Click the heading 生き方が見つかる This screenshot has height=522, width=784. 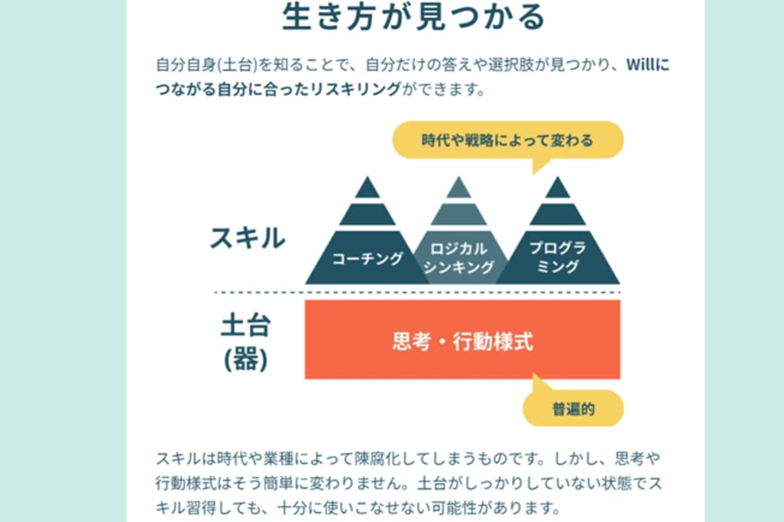[413, 17]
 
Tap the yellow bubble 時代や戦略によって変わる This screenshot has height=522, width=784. [507, 140]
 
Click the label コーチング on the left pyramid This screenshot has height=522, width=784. [368, 258]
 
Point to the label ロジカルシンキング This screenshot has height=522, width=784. [458, 258]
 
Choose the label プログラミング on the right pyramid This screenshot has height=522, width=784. [558, 256]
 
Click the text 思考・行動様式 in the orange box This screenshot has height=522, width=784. [462, 342]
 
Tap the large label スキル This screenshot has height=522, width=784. [248, 237]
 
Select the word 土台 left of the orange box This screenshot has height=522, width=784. [246, 325]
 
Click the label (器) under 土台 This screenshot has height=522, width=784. [246, 359]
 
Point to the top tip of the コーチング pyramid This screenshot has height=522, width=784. [368, 177]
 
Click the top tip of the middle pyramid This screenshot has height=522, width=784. [458, 177]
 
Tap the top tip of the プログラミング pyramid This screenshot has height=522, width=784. [558, 177]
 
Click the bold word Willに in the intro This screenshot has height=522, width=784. [648, 65]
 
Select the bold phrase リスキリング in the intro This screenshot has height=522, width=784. [356, 89]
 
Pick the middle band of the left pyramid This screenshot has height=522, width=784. [368, 214]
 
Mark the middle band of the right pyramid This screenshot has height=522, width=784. [558, 214]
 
